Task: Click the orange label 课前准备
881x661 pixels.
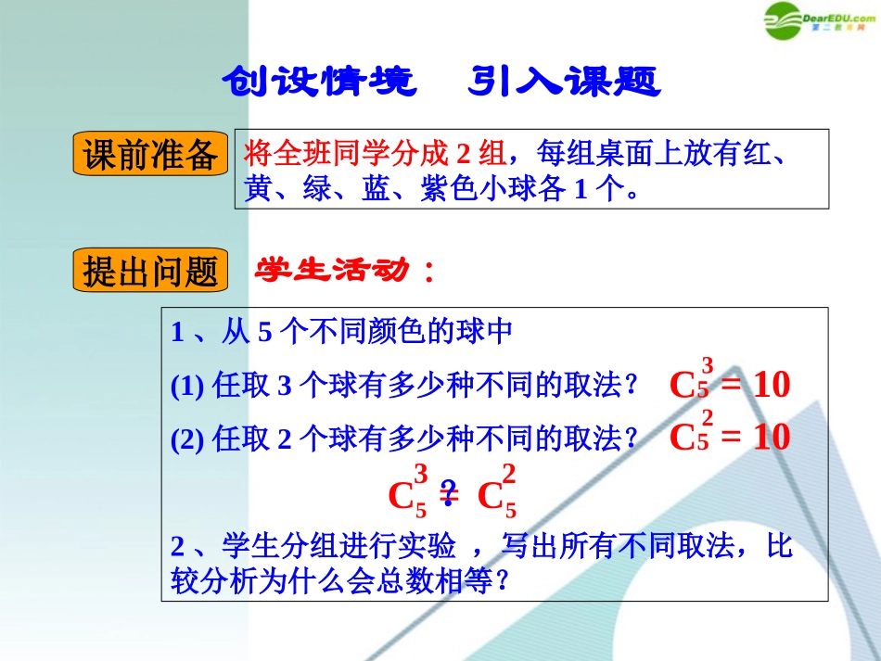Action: [x=150, y=155]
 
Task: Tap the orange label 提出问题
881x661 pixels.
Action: [x=150, y=272]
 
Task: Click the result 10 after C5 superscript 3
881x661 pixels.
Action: [x=771, y=384]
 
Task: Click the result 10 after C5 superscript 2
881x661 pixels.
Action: [x=771, y=436]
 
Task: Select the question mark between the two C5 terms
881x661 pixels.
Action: [x=449, y=492]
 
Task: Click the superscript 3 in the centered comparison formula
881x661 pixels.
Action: [x=421, y=476]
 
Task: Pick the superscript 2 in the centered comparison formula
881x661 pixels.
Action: [x=509, y=476]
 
